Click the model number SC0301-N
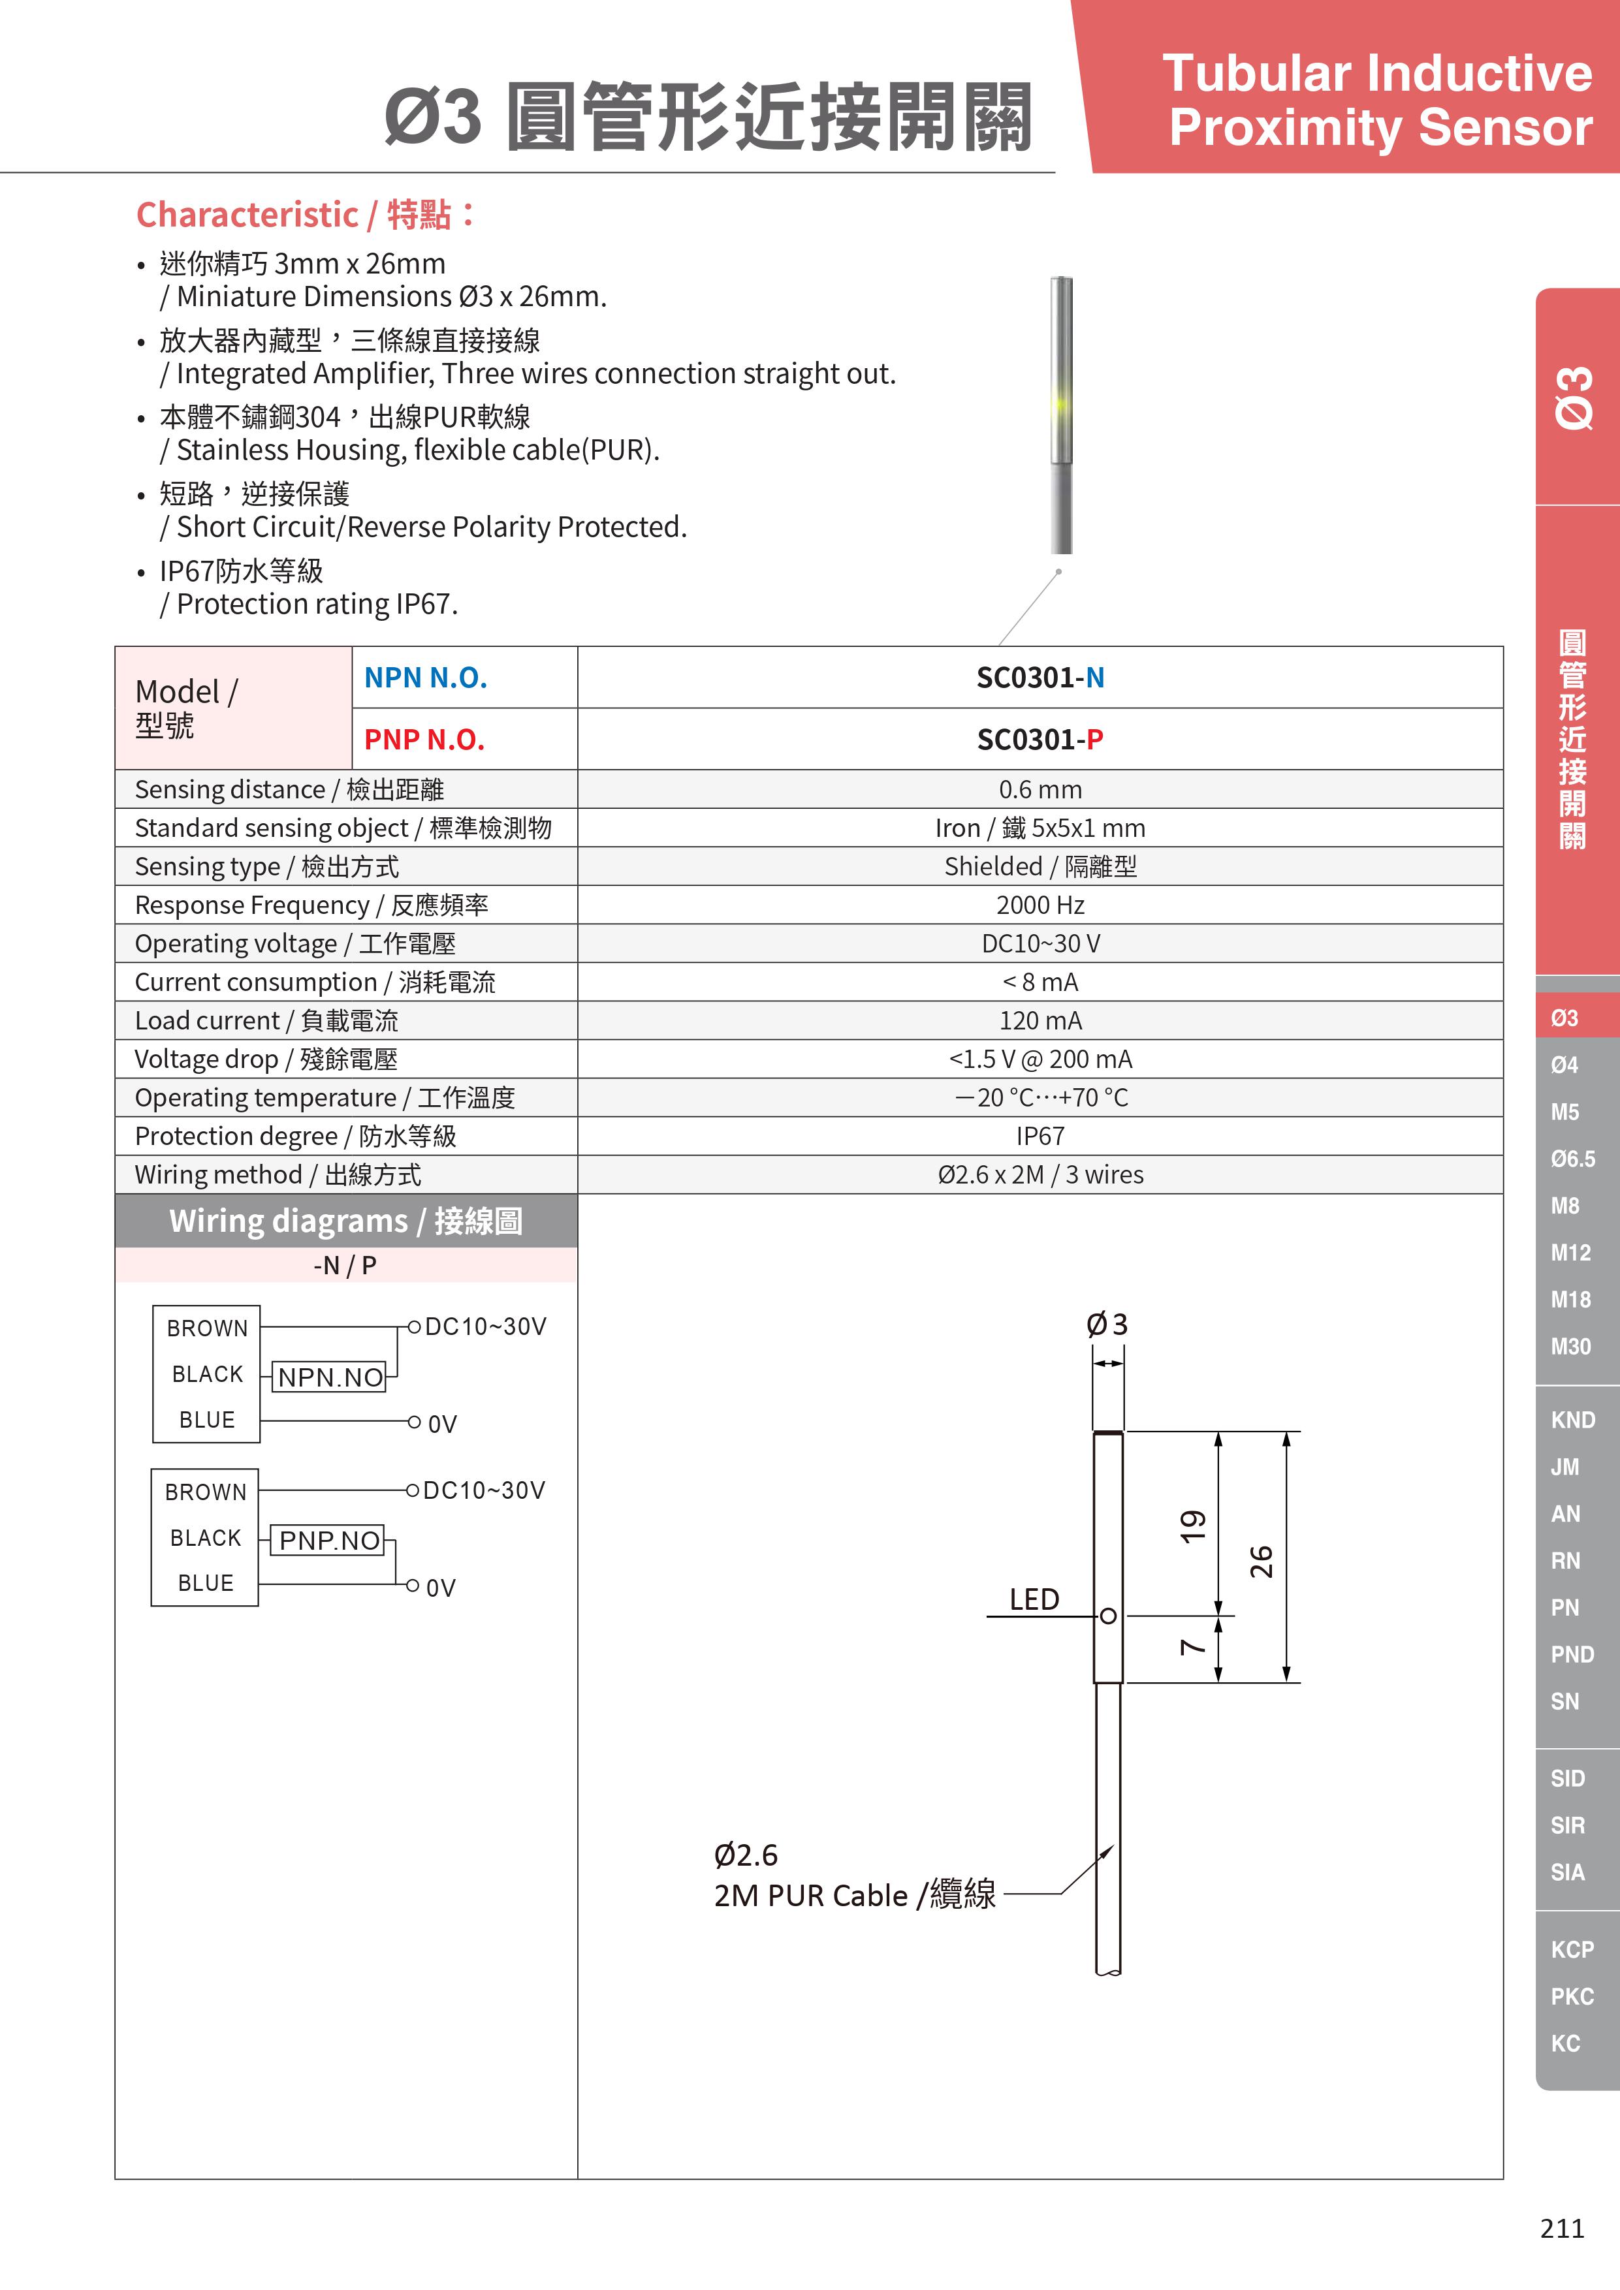[1040, 678]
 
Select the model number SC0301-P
[1040, 740]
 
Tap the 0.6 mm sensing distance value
[1040, 790]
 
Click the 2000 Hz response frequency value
[1040, 905]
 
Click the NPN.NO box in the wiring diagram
[330, 1377]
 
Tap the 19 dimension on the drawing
[1193, 1526]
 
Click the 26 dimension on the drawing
[1262, 1561]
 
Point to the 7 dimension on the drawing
[1193, 1648]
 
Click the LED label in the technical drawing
[1034, 1600]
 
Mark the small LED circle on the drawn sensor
[1107, 1616]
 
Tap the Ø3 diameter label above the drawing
[1107, 1325]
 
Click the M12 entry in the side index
[1570, 1253]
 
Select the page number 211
[1562, 2228]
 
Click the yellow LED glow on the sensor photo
[1059, 404]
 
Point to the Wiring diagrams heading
[346, 1221]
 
